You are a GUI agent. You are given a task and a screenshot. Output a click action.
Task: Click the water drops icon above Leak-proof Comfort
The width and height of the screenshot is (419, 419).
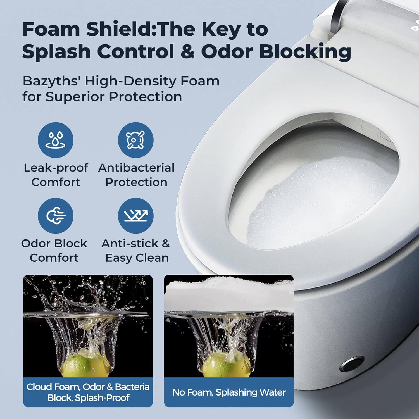pyautogui.click(x=56, y=140)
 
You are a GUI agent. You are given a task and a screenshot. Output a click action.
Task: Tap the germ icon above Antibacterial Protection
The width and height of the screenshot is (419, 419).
pyautogui.click(x=135, y=140)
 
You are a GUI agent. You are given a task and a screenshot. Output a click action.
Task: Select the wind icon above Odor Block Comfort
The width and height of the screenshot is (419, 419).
pyautogui.click(x=56, y=215)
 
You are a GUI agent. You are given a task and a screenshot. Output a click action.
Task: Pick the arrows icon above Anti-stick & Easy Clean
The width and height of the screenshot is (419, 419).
pyautogui.click(x=135, y=215)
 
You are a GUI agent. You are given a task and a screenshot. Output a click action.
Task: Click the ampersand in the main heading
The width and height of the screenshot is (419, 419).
pyautogui.click(x=187, y=52)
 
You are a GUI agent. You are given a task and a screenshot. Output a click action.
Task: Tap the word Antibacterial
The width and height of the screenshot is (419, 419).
pyautogui.click(x=136, y=168)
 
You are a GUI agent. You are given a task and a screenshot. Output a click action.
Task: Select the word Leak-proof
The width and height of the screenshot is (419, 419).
pyautogui.click(x=56, y=168)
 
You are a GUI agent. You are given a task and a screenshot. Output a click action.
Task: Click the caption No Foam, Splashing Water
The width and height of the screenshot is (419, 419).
pyautogui.click(x=229, y=392)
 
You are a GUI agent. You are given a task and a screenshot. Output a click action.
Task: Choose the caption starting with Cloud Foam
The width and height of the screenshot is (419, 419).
pyautogui.click(x=88, y=392)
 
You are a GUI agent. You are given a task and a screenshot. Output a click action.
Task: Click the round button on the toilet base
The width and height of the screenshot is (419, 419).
pyautogui.click(x=352, y=364)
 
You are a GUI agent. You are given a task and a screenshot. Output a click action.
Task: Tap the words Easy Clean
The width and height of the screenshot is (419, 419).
pyautogui.click(x=137, y=258)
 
